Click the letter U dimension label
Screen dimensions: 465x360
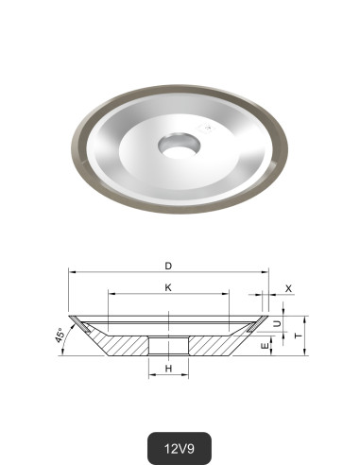pyautogui.click(x=276, y=323)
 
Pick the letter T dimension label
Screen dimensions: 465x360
pyautogui.click(x=299, y=336)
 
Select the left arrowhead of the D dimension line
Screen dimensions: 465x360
pyautogui.click(x=71, y=272)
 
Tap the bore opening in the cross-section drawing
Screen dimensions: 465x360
pyautogui.click(x=168, y=345)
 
